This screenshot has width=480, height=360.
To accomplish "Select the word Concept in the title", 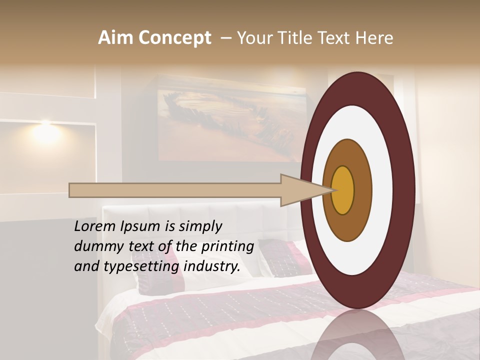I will pyautogui.click(x=175, y=38).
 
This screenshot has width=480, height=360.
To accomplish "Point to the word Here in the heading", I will pyautogui.click(x=374, y=38).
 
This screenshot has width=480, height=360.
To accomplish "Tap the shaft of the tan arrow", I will pyautogui.click(x=175, y=190).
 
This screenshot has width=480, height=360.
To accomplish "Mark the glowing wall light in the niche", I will pyautogui.click(x=45, y=130).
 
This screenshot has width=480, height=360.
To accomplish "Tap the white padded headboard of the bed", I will pyautogui.click(x=200, y=220).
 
